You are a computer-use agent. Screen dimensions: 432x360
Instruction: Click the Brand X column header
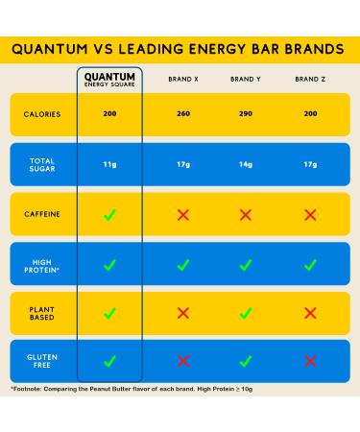(182, 79)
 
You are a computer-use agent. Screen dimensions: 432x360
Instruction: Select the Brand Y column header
(245, 79)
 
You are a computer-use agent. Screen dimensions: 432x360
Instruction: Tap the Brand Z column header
(309, 79)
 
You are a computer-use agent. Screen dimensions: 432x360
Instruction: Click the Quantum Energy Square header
(109, 79)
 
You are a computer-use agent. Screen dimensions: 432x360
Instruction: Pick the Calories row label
(42, 114)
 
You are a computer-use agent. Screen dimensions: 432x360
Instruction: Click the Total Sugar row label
(42, 164)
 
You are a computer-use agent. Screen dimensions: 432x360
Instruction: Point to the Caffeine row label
(42, 214)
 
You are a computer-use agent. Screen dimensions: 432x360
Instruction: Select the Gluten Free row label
(42, 361)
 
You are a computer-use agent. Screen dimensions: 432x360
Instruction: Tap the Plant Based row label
(42, 312)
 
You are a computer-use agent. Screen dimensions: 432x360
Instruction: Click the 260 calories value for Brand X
(182, 114)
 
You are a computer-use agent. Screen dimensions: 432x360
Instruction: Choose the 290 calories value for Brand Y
(245, 114)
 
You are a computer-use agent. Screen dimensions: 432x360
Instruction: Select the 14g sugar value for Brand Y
(245, 164)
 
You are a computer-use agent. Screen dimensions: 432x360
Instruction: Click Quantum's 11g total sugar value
(109, 164)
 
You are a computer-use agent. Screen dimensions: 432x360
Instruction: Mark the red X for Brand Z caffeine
(309, 214)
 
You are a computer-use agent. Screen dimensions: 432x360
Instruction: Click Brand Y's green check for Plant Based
(245, 312)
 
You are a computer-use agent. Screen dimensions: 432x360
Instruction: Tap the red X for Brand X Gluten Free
(182, 361)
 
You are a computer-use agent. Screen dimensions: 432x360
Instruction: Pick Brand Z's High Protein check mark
(309, 264)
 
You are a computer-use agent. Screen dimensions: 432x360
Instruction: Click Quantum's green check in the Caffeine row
(109, 214)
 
